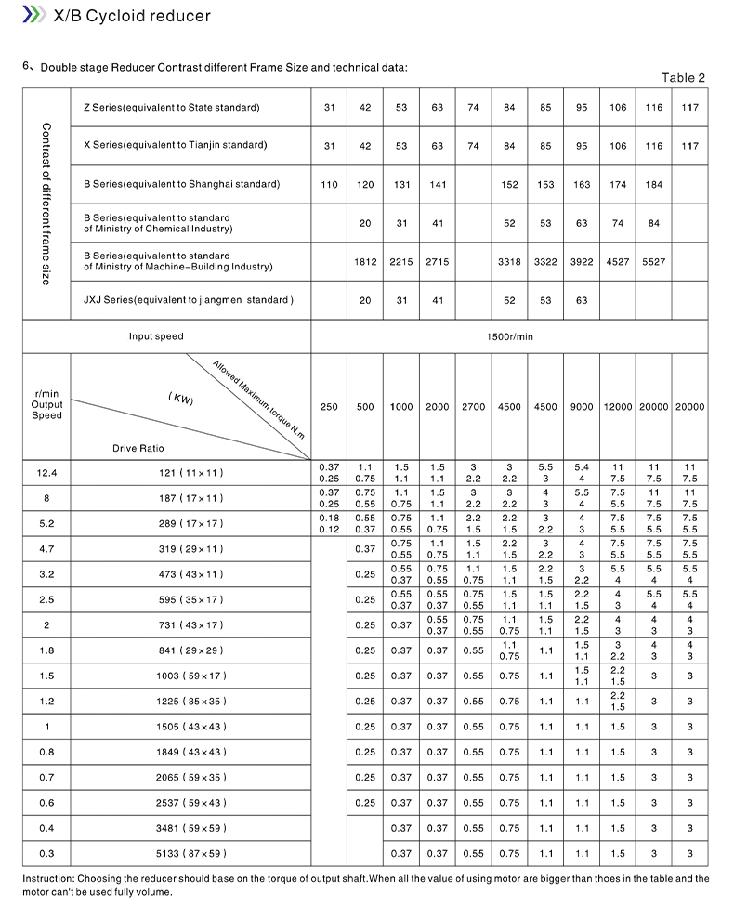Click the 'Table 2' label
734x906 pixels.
[683, 78]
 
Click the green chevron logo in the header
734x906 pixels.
[33, 16]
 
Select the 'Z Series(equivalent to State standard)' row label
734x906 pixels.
[171, 108]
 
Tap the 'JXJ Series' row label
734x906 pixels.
[188, 300]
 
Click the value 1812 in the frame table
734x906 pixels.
[365, 262]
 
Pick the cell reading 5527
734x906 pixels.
[654, 262]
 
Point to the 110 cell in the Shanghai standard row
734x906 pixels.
[329, 185]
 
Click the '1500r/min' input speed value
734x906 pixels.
[509, 336]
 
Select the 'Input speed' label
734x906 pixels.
[156, 336]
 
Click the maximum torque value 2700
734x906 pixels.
[473, 407]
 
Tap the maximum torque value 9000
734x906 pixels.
[582, 407]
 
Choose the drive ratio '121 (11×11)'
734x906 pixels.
[190, 473]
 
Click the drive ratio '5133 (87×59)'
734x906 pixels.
[191, 853]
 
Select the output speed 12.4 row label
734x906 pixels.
[46, 473]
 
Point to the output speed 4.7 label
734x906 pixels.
[46, 549]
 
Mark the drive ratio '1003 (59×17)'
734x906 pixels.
[191, 676]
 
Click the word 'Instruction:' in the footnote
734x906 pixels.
[48, 878]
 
